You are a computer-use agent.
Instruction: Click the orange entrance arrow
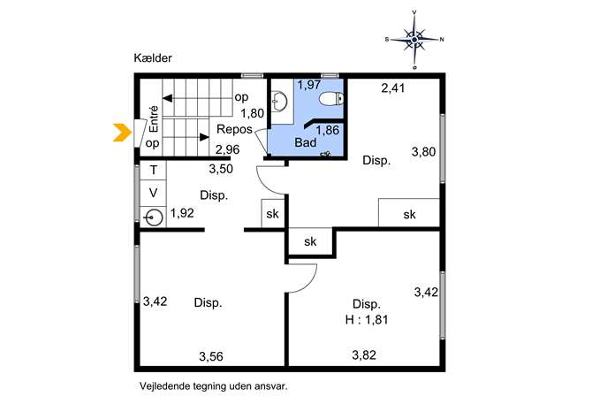[x=123, y=132]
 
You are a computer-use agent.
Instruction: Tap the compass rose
[x=414, y=40]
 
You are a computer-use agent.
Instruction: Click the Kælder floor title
[x=153, y=58]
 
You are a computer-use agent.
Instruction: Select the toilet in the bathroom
[x=331, y=99]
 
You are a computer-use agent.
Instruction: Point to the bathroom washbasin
[x=279, y=102]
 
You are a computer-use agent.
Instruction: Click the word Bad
[x=306, y=142]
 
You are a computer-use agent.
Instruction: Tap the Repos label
[x=234, y=129]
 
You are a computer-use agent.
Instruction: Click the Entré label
[x=154, y=119]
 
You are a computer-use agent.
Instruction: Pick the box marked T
[x=154, y=170]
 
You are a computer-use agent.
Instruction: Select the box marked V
[x=154, y=193]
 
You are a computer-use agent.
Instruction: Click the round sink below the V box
[x=154, y=217]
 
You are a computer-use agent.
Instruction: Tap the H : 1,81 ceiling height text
[x=366, y=319]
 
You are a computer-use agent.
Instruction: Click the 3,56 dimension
[x=211, y=356]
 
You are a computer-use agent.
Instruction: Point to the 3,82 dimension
[x=364, y=354]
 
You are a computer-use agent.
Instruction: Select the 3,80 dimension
[x=423, y=152]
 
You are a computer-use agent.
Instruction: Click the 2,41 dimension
[x=393, y=88]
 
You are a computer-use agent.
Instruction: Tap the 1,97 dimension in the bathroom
[x=309, y=85]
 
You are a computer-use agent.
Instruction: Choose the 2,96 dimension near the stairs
[x=228, y=149]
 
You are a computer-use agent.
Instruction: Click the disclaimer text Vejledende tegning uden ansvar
[x=214, y=386]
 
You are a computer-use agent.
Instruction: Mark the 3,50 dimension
[x=221, y=169]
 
